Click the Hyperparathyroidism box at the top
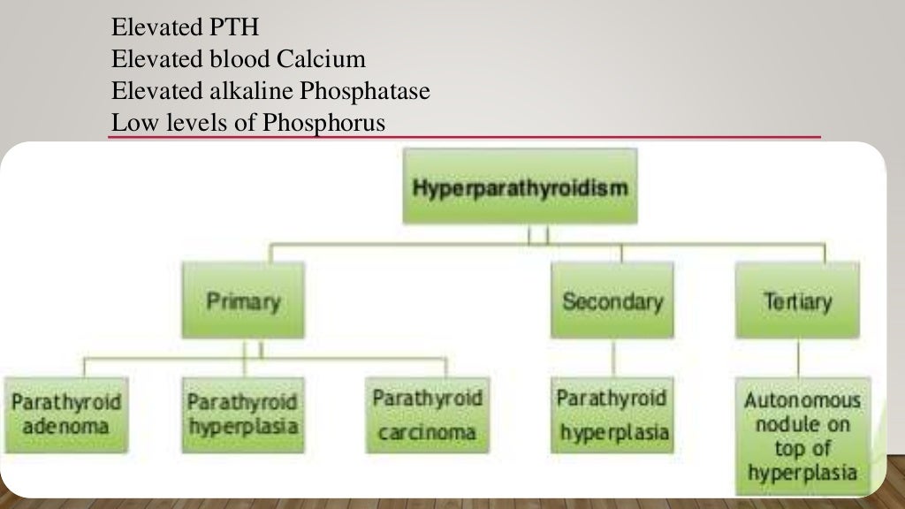pyautogui.click(x=520, y=187)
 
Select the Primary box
pyautogui.click(x=243, y=300)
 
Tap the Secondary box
pyautogui.click(x=612, y=300)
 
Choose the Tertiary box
pyautogui.click(x=797, y=300)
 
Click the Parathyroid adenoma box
pyautogui.click(x=65, y=414)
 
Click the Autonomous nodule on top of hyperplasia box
pyautogui.click(x=802, y=436)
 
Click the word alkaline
pyautogui.click(x=253, y=91)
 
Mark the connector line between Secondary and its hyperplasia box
pyautogui.click(x=612, y=358)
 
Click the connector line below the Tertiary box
pyautogui.click(x=798, y=358)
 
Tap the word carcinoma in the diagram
pyautogui.click(x=428, y=433)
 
